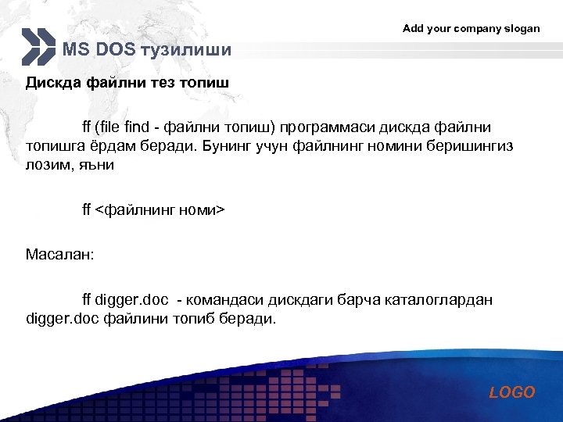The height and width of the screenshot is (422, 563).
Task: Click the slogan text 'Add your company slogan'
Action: pyautogui.click(x=471, y=28)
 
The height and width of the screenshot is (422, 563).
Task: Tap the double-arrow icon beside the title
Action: pyautogui.click(x=39, y=47)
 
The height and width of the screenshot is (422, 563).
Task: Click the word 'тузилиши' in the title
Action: pyautogui.click(x=186, y=51)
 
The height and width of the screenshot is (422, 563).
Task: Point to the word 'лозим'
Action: pyautogui.click(x=49, y=166)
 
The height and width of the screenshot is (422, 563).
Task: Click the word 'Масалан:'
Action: pyautogui.click(x=59, y=255)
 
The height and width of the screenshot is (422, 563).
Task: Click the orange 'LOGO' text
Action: pyautogui.click(x=512, y=392)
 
